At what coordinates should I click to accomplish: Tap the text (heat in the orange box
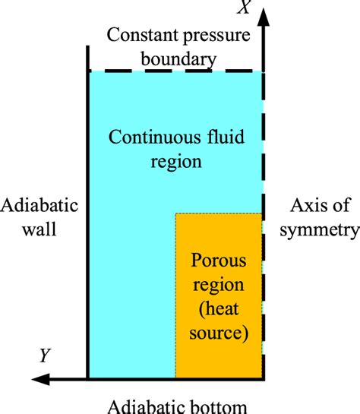pos(219,310)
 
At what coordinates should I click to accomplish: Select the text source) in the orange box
pos(219,332)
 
